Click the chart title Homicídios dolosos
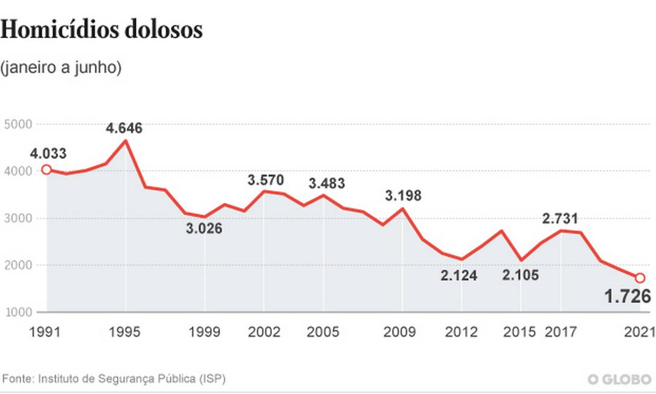101,30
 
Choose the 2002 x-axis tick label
264,332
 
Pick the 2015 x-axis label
520,332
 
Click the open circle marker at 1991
47,170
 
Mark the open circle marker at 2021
640,278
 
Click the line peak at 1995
126,141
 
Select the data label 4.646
124,128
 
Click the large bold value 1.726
628,297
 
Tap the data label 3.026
204,229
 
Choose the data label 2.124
458,276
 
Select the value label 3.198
403,196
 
